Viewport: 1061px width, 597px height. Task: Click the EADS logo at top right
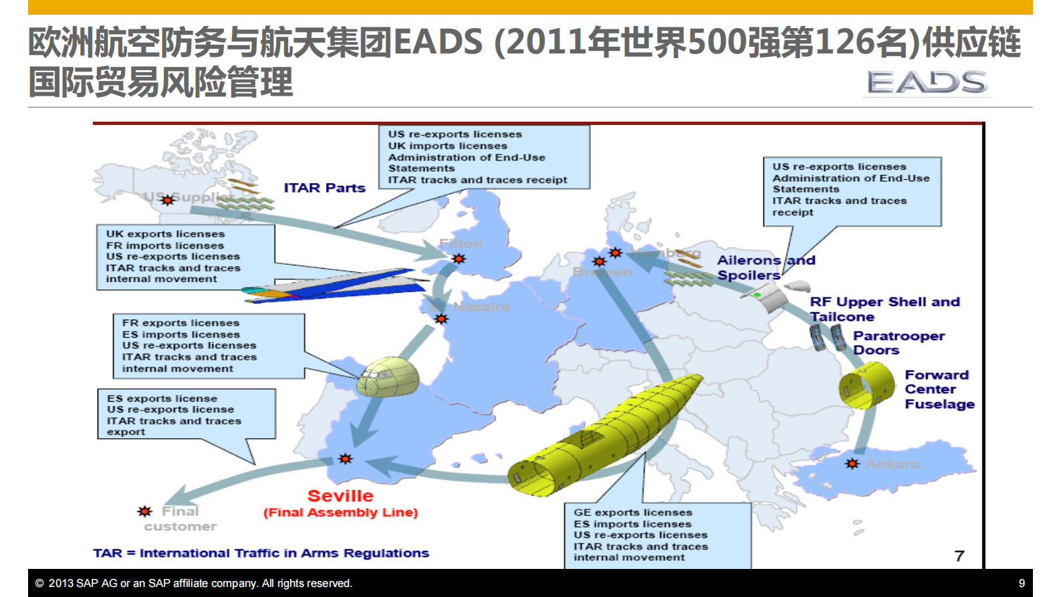click(927, 83)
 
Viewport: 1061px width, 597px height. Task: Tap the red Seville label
click(340, 496)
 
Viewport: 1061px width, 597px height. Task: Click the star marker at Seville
click(345, 459)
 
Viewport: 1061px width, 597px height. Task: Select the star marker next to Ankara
click(852, 463)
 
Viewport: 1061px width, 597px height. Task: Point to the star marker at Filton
click(459, 259)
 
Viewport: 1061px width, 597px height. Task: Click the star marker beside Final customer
click(144, 511)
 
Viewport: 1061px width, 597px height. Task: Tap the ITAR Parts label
click(324, 188)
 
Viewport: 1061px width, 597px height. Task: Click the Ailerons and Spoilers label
click(765, 267)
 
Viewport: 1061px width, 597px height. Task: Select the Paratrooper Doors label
click(898, 343)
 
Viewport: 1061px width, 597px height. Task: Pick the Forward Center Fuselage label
click(939, 389)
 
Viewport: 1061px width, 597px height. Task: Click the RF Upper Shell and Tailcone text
click(884, 309)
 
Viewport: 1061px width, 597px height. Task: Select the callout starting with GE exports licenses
click(658, 535)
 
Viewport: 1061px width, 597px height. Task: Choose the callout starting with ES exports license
click(187, 414)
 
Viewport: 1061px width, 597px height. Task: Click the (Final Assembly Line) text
click(340, 513)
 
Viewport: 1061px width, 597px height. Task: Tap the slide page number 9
click(1022, 583)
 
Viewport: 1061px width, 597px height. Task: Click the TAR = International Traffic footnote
click(261, 553)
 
